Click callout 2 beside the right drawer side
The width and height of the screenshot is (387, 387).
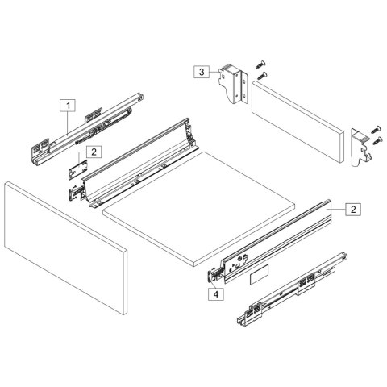pos(353,209)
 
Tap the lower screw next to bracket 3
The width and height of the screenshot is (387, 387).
pos(263,74)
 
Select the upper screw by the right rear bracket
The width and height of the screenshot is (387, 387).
pos(376,128)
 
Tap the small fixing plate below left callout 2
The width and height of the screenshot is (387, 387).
pos(78,171)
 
